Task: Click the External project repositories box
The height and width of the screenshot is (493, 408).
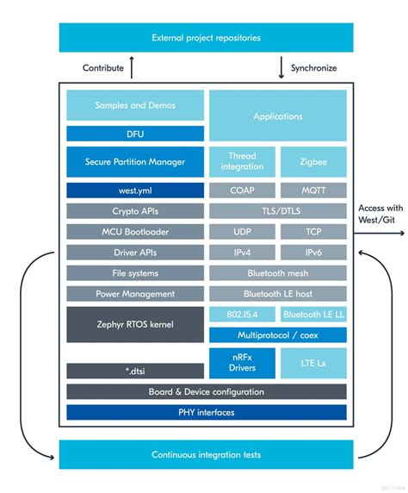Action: (x=206, y=38)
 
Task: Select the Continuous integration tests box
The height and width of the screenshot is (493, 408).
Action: (x=206, y=454)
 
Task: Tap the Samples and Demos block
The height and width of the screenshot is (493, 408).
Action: (x=135, y=105)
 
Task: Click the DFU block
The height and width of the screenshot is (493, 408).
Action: (x=135, y=134)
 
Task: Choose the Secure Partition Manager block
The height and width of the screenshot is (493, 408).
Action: (x=135, y=161)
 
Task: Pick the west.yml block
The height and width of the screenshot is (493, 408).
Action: (x=135, y=189)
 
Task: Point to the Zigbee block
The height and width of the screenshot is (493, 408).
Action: (x=313, y=161)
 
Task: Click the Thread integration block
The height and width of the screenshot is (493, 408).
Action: (x=242, y=161)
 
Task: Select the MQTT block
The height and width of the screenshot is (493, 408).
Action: (x=313, y=190)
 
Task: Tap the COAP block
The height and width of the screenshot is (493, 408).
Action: (x=242, y=190)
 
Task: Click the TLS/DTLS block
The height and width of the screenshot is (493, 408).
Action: (x=277, y=211)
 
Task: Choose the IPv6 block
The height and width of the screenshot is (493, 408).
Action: (x=313, y=253)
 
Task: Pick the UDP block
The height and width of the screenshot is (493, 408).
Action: (x=242, y=232)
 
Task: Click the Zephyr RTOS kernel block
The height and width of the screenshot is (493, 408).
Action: (x=135, y=324)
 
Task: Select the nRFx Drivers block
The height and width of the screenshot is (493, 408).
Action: (x=242, y=363)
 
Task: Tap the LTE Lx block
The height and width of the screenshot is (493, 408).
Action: (x=313, y=363)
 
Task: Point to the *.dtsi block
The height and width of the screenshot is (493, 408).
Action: (x=135, y=371)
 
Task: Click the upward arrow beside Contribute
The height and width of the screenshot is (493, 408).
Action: (x=132, y=67)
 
